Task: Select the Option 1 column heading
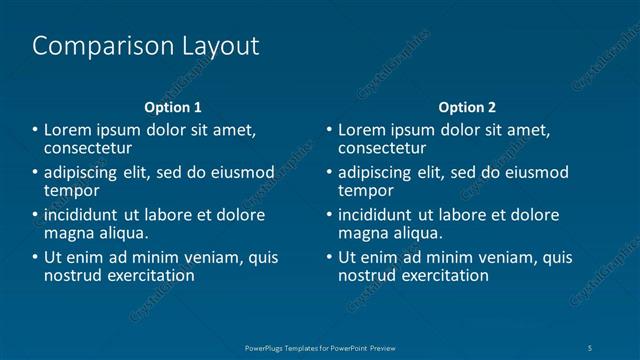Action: (173, 107)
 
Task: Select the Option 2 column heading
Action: (466, 107)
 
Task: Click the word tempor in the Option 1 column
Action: (71, 190)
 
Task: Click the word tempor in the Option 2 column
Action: (365, 190)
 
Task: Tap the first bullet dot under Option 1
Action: (35, 130)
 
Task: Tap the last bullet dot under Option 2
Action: (329, 258)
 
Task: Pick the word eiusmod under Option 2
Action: (535, 172)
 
